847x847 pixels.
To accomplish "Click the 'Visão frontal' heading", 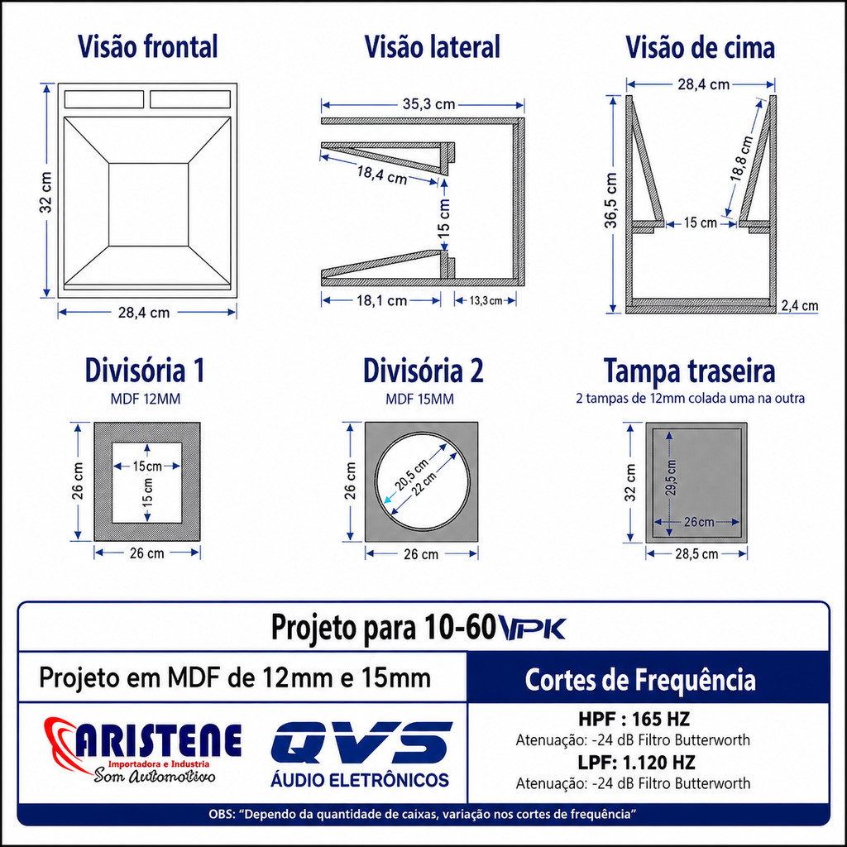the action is pyautogui.click(x=147, y=46).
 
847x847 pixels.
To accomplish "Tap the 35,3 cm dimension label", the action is pyautogui.click(x=429, y=103).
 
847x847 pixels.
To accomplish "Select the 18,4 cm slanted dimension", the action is pyautogui.click(x=381, y=175).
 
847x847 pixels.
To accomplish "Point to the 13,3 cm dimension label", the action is pyautogui.click(x=486, y=300).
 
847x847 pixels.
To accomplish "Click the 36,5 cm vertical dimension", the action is pyautogui.click(x=610, y=200).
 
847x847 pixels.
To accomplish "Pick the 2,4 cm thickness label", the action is pyautogui.click(x=800, y=306).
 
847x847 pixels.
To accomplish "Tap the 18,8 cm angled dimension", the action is pyautogui.click(x=741, y=159).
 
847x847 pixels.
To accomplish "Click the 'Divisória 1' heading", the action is pyautogui.click(x=145, y=371).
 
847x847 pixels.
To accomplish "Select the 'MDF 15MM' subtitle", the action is pyautogui.click(x=419, y=400).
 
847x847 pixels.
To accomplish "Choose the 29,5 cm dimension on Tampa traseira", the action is pyautogui.click(x=670, y=477).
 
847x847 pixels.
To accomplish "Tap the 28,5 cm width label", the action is pyautogui.click(x=696, y=553).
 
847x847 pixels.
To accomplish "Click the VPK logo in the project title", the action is pyautogui.click(x=532, y=629).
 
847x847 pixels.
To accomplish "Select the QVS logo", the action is pyautogui.click(x=361, y=754).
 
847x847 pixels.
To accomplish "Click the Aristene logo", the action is pyautogui.click(x=142, y=749).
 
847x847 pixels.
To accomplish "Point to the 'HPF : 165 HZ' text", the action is pyautogui.click(x=634, y=719).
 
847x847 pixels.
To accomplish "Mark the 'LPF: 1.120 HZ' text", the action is pyautogui.click(x=636, y=762).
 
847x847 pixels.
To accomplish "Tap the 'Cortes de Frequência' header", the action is pyautogui.click(x=640, y=680).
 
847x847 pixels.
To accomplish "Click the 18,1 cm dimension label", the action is pyautogui.click(x=381, y=300).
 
